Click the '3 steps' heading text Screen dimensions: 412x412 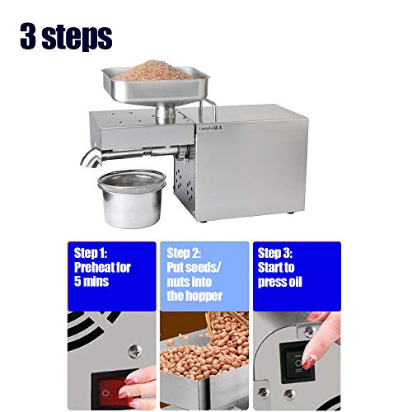(x=67, y=36)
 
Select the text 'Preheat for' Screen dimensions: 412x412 (x=102, y=267)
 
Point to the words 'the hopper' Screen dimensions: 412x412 (x=194, y=294)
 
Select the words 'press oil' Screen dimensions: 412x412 (x=284, y=280)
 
